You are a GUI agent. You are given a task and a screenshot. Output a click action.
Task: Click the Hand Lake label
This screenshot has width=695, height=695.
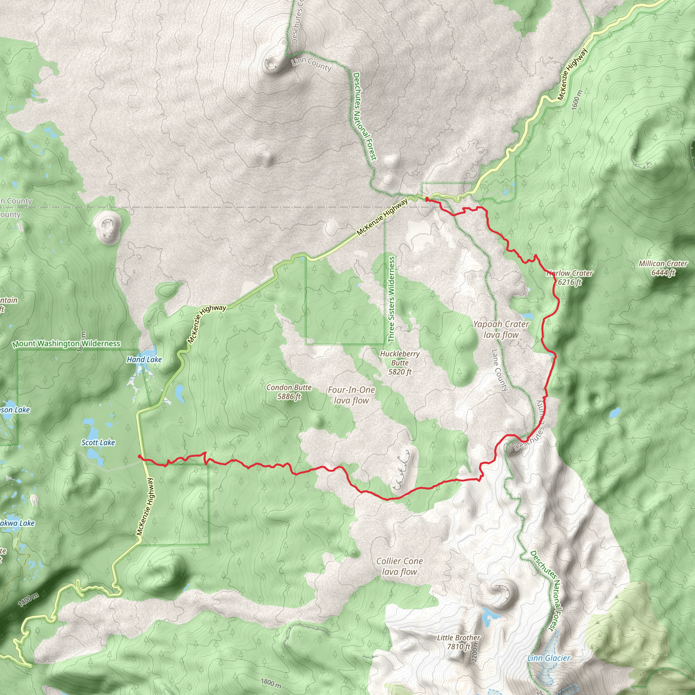coord(144,359)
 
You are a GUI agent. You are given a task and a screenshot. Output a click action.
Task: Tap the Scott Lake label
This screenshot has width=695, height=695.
coord(98,443)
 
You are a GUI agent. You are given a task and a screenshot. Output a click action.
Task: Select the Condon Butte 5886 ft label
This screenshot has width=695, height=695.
coord(289,392)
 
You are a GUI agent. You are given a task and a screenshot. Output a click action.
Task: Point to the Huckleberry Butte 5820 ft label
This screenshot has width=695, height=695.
coord(400,363)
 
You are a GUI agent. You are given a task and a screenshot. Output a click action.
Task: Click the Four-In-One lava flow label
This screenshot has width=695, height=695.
coord(351,395)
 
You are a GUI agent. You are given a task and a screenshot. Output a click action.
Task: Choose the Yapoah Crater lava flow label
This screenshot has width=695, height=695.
coord(501,329)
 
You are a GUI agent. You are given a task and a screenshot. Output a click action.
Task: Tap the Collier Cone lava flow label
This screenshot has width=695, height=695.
coord(399,566)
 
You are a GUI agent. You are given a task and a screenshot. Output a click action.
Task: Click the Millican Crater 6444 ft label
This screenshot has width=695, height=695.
coord(663,268)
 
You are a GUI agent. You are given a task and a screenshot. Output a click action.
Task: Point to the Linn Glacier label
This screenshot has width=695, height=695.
coord(549,658)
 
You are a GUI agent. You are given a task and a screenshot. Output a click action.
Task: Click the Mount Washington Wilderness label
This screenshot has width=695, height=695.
coord(66,343)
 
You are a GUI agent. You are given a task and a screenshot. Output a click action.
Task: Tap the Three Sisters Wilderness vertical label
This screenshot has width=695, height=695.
coord(391,299)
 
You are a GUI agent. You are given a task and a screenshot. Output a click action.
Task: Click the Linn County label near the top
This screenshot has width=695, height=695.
coord(311,64)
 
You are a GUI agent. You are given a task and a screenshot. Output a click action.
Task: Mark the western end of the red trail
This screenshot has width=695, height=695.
coord(139,456)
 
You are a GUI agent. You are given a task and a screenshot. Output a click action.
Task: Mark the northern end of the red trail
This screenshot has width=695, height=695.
coord(427,198)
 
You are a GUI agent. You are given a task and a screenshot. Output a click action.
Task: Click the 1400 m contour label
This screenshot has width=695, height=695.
coord(29,599)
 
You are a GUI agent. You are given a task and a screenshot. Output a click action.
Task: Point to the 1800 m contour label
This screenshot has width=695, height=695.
coord(270,682)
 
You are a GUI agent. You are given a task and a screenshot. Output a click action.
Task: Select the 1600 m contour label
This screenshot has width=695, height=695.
coord(576,100)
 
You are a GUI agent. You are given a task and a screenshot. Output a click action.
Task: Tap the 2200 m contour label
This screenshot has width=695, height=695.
coord(474,652)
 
